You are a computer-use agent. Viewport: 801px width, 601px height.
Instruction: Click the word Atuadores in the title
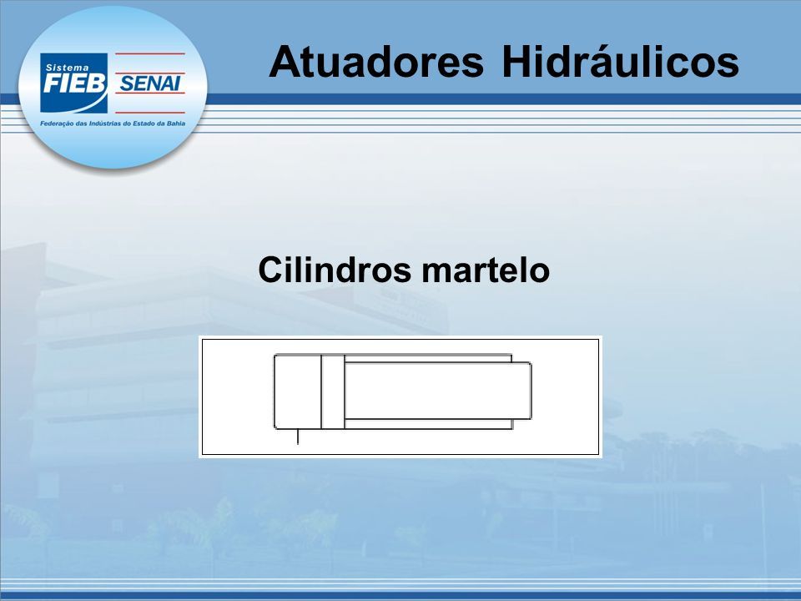pos(376,62)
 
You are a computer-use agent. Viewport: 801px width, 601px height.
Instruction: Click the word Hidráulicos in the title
pos(620,61)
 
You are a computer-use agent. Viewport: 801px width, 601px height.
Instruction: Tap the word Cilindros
pos(335,270)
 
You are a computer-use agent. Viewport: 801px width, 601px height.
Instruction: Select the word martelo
pos(486,270)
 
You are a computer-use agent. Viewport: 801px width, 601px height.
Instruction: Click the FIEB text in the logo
pos(74,83)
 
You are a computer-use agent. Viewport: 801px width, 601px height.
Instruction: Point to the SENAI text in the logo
pos(149,83)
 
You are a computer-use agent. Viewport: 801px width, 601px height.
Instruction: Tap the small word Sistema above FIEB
pos(67,68)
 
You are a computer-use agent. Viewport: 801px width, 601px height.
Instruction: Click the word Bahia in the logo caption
pos(176,124)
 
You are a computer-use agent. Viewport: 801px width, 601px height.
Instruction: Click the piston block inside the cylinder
pos(333,391)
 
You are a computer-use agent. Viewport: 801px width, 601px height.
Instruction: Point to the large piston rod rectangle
pos(438,391)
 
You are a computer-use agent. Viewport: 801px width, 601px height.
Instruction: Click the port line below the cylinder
pos(298,437)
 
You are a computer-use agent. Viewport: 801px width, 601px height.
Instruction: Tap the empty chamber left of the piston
pos(298,391)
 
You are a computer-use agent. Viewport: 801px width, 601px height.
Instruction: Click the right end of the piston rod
pos(531,391)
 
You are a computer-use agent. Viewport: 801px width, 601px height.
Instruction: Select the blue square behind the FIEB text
pos(74,83)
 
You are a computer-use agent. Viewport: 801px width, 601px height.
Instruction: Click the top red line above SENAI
pos(149,53)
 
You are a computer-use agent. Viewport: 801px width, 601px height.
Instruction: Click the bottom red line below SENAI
pos(149,112)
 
